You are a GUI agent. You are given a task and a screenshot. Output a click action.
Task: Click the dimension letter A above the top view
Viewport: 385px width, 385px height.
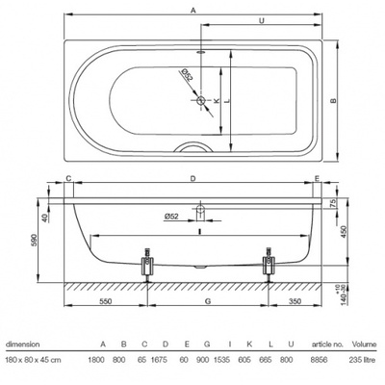tap(192, 11)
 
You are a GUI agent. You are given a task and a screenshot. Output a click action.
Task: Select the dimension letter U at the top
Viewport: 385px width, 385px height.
tap(262, 20)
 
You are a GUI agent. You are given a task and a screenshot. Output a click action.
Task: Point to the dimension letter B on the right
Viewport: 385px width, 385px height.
tap(334, 100)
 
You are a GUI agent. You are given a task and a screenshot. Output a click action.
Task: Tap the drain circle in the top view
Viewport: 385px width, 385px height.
tap(201, 100)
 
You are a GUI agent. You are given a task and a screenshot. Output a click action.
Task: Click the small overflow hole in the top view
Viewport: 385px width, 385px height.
tap(201, 51)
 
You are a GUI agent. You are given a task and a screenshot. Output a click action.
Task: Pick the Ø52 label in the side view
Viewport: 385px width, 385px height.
tap(171, 217)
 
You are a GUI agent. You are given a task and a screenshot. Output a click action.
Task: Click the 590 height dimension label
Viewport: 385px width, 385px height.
tap(34, 241)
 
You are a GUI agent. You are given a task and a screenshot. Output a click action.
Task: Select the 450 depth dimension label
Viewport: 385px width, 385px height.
tap(344, 232)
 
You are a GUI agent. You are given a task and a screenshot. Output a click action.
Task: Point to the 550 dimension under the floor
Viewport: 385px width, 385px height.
tap(105, 301)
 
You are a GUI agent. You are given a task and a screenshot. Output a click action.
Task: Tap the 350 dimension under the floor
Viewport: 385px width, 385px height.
tap(295, 301)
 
